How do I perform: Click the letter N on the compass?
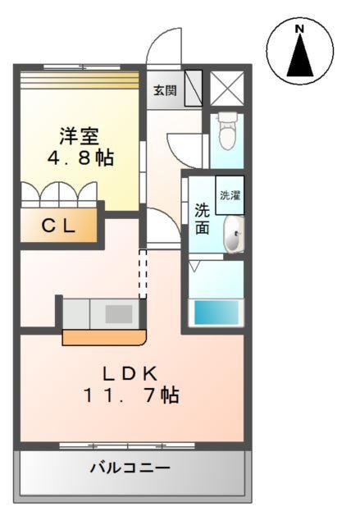coord(299,30)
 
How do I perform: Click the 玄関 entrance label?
coord(164,90)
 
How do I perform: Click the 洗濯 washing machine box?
coord(229,195)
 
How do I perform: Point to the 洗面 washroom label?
coord(202,218)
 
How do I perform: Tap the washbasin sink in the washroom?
coord(233,236)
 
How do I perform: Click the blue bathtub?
coord(214,313)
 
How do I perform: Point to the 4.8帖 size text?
coord(80,157)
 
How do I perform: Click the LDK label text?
coord(129,374)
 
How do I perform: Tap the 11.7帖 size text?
coord(130,395)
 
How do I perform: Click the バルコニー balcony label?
coord(130,468)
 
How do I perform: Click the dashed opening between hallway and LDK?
coord(143,275)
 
